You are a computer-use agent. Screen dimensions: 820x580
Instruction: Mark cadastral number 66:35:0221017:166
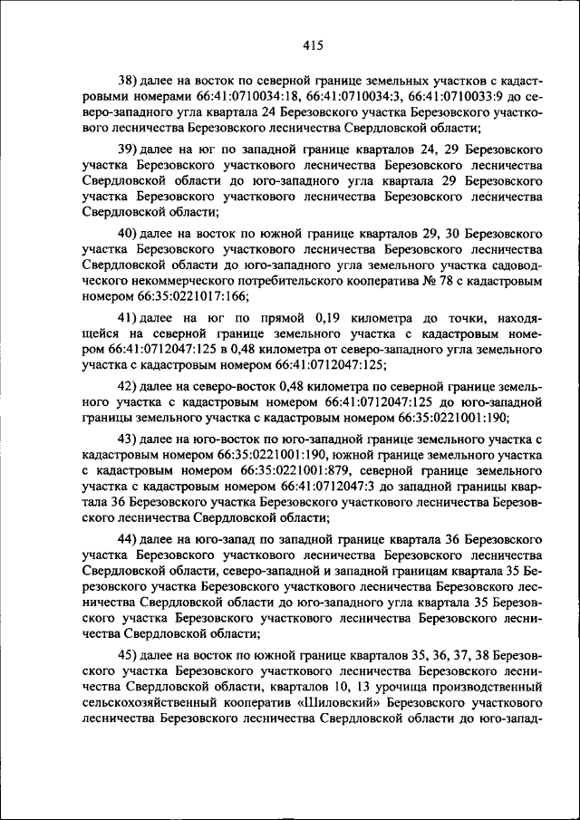[x=189, y=294]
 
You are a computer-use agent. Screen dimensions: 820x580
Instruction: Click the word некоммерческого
[x=133, y=278]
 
